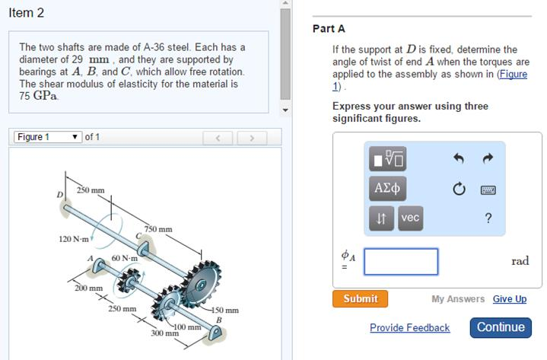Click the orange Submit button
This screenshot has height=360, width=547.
360,298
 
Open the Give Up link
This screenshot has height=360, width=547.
510,299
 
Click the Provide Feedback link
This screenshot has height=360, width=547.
409,327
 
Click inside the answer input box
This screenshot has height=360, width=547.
401,262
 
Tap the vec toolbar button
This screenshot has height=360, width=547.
410,218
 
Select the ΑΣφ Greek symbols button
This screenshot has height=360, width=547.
387,189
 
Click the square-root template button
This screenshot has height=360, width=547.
387,159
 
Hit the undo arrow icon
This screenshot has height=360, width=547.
459,158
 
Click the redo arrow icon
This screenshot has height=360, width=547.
488,158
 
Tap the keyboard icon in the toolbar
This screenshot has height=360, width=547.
488,190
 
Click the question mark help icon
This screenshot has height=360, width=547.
488,218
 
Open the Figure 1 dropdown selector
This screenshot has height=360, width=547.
48,137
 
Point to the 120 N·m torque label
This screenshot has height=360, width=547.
74,239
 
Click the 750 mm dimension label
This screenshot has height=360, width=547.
158,229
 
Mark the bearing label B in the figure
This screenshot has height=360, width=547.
219,320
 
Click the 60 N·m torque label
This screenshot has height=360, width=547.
125,259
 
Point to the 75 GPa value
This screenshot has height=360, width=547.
38,96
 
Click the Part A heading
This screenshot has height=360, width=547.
329,29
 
